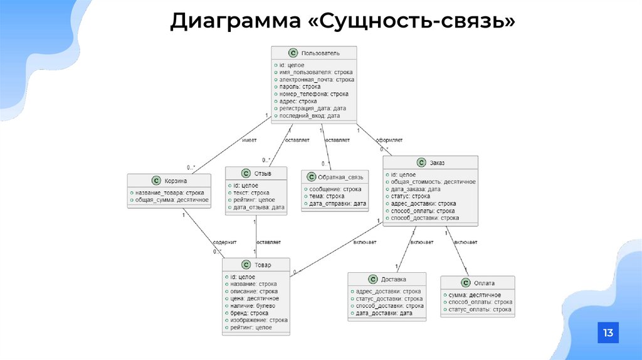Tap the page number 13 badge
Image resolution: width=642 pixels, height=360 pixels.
tap(608, 332)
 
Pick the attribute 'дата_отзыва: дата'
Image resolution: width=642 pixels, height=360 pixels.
tap(257, 207)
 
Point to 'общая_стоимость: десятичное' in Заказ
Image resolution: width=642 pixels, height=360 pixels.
tap(432, 181)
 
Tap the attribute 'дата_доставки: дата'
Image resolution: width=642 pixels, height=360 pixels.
tap(384, 312)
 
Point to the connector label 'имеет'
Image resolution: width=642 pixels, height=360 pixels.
tap(249, 141)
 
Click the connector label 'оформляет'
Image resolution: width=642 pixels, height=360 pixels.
tap(389, 140)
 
